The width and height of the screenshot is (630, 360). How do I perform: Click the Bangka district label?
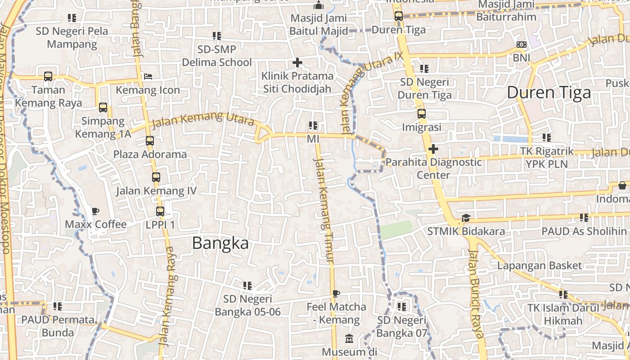pyautogui.click(x=220, y=243)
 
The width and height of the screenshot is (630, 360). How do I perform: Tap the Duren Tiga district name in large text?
pyautogui.click(x=549, y=93)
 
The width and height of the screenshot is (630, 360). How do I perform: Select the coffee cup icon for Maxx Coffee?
pyautogui.click(x=95, y=211)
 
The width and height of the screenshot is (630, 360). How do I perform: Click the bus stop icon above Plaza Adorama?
pyautogui.click(x=150, y=141)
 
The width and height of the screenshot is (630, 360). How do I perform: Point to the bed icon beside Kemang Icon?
pyautogui.click(x=148, y=76)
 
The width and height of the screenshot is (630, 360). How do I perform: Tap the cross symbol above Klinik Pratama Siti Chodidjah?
pyautogui.click(x=297, y=63)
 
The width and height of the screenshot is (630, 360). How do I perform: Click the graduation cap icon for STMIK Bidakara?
pyautogui.click(x=465, y=218)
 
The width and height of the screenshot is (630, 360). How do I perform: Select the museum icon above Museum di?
pyautogui.click(x=349, y=338)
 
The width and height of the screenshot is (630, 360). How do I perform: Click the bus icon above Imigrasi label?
pyautogui.click(x=421, y=114)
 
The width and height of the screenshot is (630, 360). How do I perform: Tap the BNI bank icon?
pyautogui.click(x=521, y=45)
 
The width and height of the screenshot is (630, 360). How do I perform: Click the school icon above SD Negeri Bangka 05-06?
pyautogui.click(x=247, y=285)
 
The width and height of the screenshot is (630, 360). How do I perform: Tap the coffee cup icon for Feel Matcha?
pyautogui.click(x=336, y=294)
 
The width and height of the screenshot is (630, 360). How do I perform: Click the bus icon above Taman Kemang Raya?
pyautogui.click(x=48, y=76)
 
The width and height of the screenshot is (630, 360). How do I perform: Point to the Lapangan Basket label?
pyautogui.click(x=539, y=265)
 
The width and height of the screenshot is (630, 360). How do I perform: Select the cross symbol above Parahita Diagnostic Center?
pyautogui.click(x=433, y=148)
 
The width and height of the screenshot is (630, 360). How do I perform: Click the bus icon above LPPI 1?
pyautogui.click(x=160, y=211)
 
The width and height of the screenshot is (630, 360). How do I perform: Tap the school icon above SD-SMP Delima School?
pyautogui.click(x=216, y=36)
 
